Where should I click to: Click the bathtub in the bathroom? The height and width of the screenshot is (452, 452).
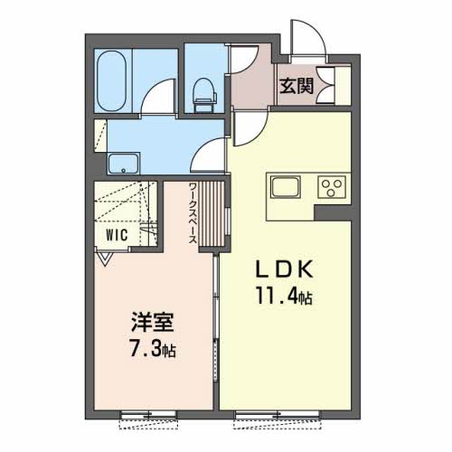tap(112, 80)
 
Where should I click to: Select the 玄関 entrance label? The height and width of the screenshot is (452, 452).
tap(297, 87)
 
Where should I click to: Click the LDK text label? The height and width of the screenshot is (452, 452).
tap(285, 269)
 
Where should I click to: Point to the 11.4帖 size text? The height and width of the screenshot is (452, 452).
tap(284, 297)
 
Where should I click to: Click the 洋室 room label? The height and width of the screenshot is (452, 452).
tap(152, 322)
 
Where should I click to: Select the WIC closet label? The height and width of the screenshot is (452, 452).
tap(117, 235)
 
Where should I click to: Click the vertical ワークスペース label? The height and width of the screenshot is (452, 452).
tap(193, 212)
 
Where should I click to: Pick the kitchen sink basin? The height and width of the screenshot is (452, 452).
tap(286, 186)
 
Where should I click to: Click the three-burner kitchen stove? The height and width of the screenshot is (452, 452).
tap(332, 187)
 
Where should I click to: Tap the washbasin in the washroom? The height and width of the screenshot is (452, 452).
tap(124, 164)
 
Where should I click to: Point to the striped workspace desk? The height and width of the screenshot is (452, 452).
tap(212, 213)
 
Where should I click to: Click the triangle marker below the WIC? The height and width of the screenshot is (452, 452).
tap(105, 259)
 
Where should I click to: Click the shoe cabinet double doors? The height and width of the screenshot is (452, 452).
tap(325, 86)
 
